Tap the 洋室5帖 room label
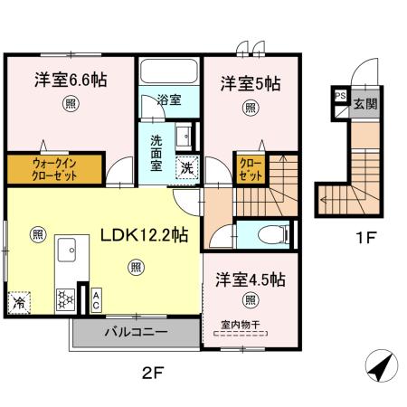tap(250, 84)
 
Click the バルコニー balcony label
tap(135, 333)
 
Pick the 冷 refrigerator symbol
tap(19, 303)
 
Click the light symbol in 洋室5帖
tap(250, 107)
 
